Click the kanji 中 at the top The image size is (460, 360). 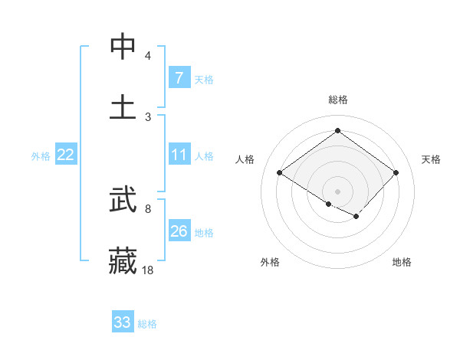point(123,47)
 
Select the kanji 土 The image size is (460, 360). point(123,106)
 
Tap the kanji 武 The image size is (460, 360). point(123,201)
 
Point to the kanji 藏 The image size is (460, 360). point(123,260)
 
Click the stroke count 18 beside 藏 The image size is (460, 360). point(148,269)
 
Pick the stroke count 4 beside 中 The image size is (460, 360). point(148,56)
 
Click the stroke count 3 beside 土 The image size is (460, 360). point(148,116)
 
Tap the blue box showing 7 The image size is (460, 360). point(179,78)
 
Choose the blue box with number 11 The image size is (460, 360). point(179,155)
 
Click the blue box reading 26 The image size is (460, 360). point(179,231)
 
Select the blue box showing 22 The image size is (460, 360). point(66,155)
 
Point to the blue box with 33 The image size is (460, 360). point(123,322)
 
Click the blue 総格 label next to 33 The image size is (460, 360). point(147,324)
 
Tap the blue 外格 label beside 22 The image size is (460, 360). point(41,156)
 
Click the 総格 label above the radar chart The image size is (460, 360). point(337,100)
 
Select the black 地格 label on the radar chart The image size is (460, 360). point(402,262)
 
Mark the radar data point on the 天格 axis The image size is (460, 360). point(396,173)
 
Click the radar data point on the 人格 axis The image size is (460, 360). point(280,173)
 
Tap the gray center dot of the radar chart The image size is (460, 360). point(337,191)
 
